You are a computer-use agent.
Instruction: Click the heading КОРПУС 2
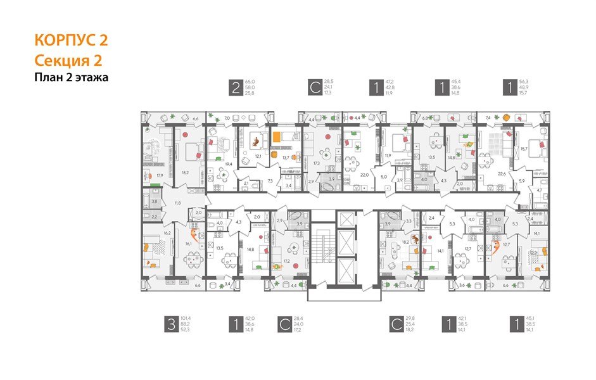click(71, 41)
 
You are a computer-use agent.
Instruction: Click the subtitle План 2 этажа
click(72, 78)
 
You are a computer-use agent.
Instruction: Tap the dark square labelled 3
click(170, 326)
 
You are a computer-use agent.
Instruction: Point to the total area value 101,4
click(186, 319)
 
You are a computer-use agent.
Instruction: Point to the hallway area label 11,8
click(177, 203)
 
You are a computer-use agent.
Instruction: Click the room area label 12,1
click(258, 155)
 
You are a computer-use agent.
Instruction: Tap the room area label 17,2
click(286, 260)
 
